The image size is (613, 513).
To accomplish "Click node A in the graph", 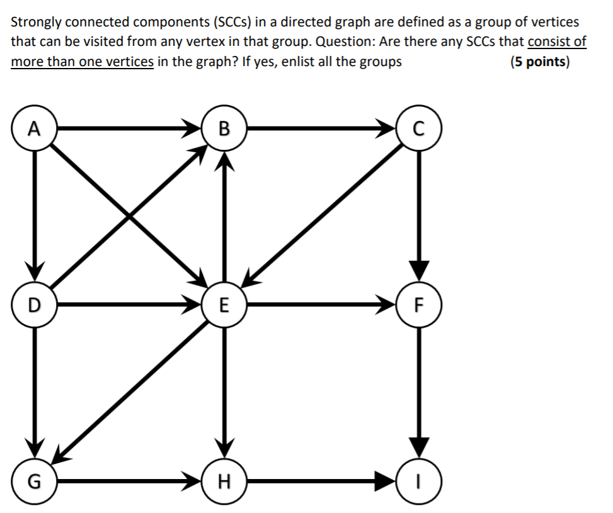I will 35,129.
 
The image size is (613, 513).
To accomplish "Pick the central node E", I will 222,307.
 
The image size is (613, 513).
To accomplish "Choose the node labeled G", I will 35,483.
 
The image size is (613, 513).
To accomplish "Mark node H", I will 222,483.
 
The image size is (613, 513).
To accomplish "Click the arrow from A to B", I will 126,129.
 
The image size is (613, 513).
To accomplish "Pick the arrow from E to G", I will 132,393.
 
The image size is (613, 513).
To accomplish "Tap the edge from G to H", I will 126,483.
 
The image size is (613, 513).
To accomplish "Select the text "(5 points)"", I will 540,62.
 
